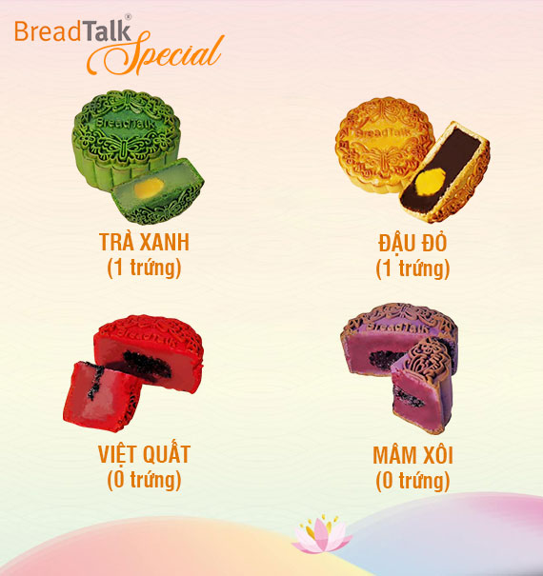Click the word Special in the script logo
coord(155,52)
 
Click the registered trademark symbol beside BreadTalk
coord(128,16)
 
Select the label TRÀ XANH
coord(144,242)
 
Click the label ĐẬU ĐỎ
coord(412,243)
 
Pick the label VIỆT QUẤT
coord(144,455)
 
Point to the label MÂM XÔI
coord(412,455)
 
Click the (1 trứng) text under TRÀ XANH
coord(144,268)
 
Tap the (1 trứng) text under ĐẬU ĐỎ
coord(412,268)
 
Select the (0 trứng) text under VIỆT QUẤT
coord(144,480)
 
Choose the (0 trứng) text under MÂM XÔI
coord(412,481)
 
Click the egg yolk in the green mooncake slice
coord(149,188)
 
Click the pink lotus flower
coord(322,535)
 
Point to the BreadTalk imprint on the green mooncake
coord(124,124)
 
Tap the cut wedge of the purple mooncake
coord(421,386)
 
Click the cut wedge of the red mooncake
coord(103,397)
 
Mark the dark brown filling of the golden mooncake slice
coord(441,169)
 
